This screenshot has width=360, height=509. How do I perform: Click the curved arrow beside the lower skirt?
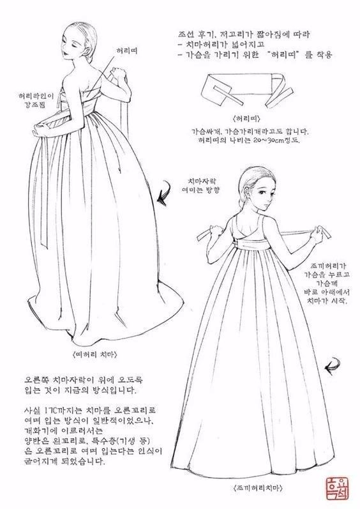(331, 367)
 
